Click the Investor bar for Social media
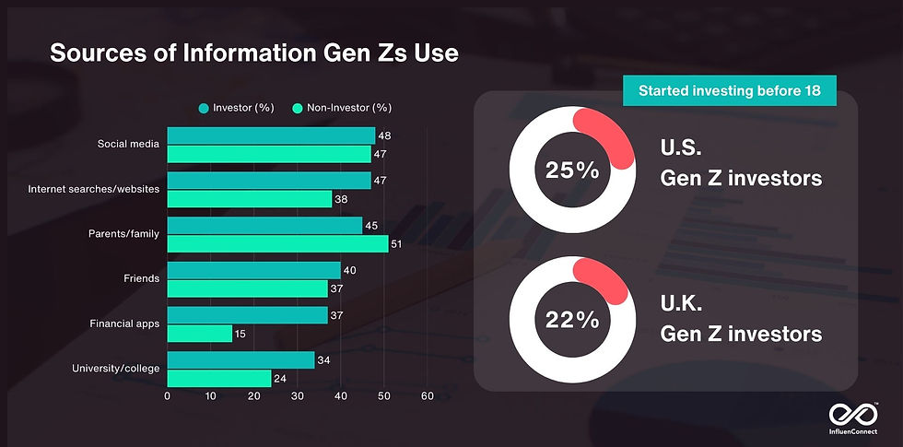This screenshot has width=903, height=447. coord(270,135)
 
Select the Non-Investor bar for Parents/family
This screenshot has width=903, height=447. coord(276,243)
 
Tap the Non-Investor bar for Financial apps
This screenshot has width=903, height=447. coord(199,333)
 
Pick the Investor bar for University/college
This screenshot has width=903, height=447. coord(240,359)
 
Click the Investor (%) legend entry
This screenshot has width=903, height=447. coord(236,108)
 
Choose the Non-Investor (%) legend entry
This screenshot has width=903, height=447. coord(342,108)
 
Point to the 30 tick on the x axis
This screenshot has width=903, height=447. coord(297,396)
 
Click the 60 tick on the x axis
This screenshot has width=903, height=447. coord(427,396)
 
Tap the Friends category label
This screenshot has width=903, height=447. coord(141,278)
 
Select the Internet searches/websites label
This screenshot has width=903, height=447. coord(94,189)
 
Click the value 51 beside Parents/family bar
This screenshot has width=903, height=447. coord(397,243)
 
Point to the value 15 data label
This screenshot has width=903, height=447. coord(240,333)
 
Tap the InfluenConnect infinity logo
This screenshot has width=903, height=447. coord(848,415)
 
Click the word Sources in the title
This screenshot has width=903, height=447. coord(94,53)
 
